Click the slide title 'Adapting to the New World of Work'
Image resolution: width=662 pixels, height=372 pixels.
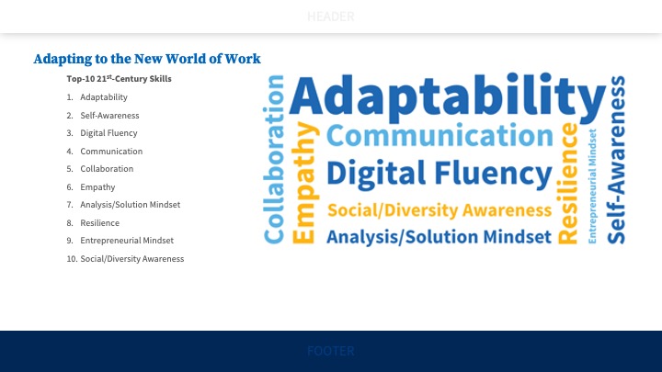tap(147, 59)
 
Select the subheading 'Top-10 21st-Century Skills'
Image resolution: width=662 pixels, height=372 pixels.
tap(119, 79)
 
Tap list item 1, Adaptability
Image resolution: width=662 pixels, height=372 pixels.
tap(104, 97)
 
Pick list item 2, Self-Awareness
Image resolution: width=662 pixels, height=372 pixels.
tap(107, 116)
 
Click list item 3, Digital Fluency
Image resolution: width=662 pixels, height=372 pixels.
tap(108, 133)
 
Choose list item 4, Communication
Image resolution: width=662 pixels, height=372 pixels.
tap(111, 151)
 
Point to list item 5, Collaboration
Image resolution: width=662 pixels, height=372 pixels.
tap(107, 169)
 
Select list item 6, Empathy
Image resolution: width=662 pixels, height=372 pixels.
tap(97, 186)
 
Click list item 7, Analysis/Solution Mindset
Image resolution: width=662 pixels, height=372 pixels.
tap(130, 204)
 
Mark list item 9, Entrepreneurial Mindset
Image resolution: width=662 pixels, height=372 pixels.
tap(127, 240)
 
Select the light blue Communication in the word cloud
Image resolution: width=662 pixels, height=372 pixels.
tap(439, 136)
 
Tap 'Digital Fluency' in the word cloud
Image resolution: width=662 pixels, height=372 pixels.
tap(439, 174)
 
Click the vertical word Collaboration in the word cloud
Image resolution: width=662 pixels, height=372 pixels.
tap(273, 161)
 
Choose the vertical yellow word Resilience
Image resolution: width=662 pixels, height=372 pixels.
tap(569, 184)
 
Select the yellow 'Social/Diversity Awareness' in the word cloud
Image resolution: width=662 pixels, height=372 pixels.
tap(439, 209)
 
